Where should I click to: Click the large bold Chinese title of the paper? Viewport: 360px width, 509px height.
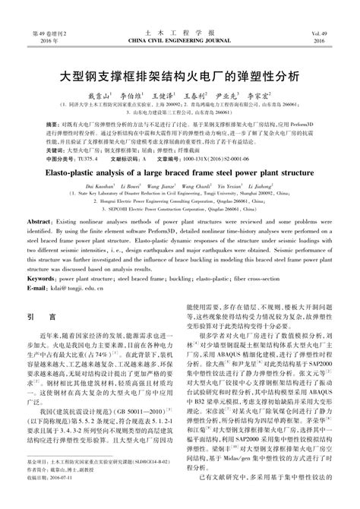click(179, 76)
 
